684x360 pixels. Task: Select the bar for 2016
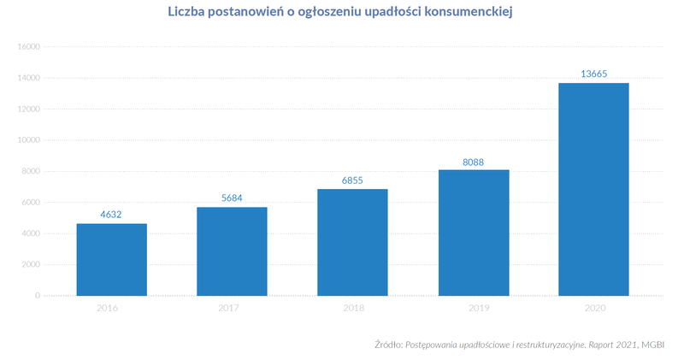[x=111, y=260]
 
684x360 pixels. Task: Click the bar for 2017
[x=232, y=251]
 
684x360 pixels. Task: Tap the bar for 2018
[x=352, y=242]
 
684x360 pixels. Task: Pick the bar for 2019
[x=473, y=233]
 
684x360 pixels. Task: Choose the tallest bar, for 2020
[x=593, y=189]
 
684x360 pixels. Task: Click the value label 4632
[x=111, y=214]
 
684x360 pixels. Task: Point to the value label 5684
[x=232, y=198]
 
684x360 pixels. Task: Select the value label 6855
[x=352, y=180]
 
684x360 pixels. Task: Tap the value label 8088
[x=473, y=160]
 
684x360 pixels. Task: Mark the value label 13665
[x=593, y=74]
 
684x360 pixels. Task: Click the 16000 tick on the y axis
[x=28, y=47]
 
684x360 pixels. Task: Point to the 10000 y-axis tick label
[x=28, y=140]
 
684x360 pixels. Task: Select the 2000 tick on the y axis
[x=31, y=264]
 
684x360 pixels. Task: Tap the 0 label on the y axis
[x=38, y=296]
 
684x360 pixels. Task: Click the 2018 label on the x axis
[x=352, y=308]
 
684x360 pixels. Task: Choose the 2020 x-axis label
[x=593, y=308]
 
